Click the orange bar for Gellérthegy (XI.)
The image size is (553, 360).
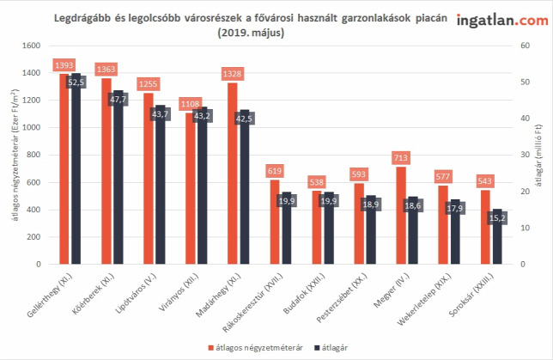pos(64,168)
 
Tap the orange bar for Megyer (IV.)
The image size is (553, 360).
pos(401,216)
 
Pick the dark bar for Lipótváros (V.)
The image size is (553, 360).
pos(161,184)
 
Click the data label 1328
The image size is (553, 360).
pos(232,74)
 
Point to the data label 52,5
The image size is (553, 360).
pos(76,82)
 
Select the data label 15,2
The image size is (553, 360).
pos(497,218)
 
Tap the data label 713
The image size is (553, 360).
pos(401,157)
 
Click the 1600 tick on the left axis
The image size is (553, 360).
pos(32,46)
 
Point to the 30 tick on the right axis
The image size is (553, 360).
pos(526,155)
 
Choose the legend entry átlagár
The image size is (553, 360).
pos(331,348)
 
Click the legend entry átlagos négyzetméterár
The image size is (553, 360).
pos(256,348)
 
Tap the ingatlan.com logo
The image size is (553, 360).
pos(502,20)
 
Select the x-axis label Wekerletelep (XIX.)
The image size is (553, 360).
pos(424,299)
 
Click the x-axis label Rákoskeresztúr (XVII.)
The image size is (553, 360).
pos(252,302)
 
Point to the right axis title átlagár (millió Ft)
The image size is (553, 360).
pos(538,156)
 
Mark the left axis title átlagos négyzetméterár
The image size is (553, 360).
pos(15,155)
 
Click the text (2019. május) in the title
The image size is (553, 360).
pos(251,33)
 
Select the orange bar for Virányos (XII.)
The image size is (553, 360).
pos(190,188)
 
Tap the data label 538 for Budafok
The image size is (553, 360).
pos(317,182)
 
